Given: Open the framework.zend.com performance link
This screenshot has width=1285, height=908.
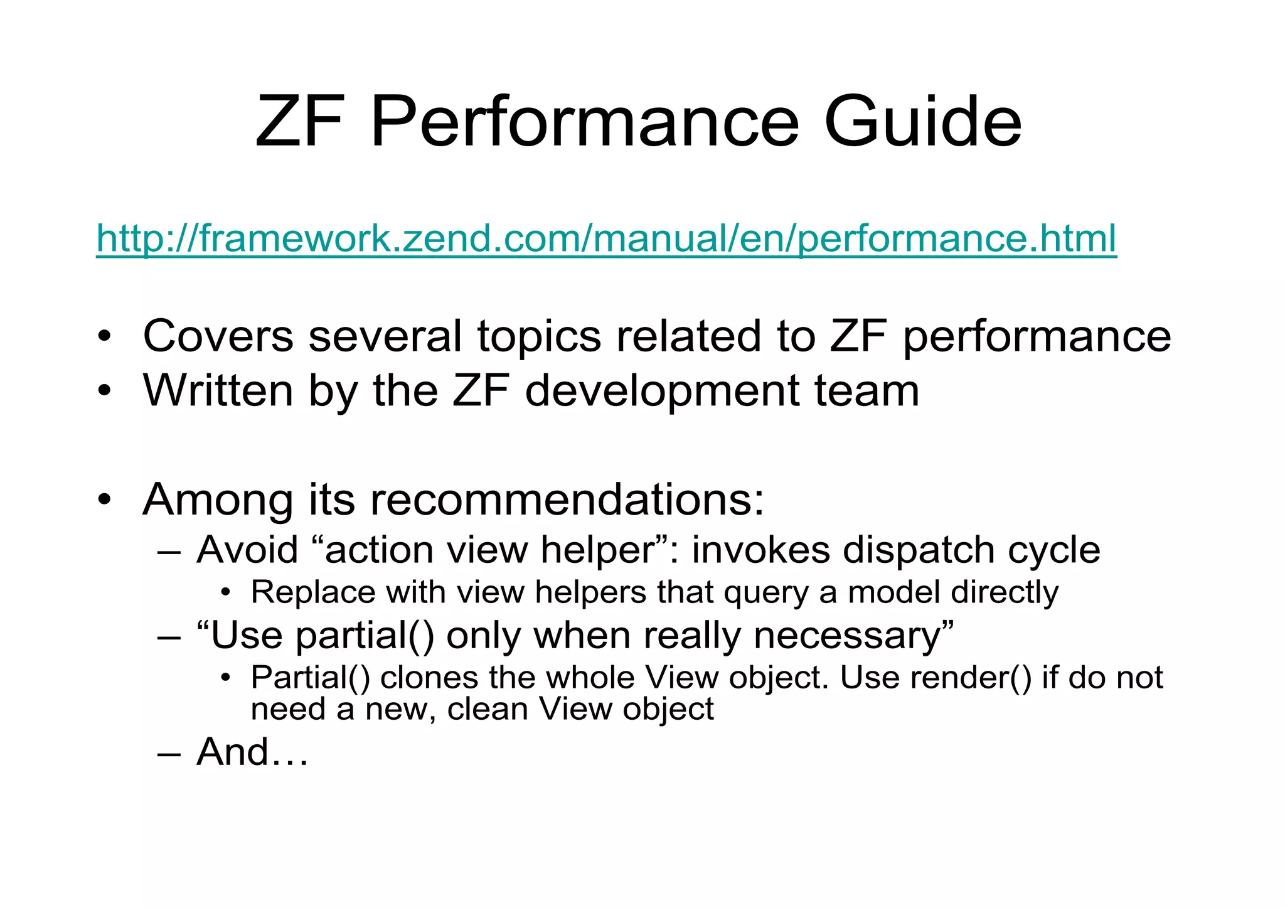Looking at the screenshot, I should coord(606,239).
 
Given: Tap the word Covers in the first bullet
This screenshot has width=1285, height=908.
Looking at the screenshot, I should coord(218,336).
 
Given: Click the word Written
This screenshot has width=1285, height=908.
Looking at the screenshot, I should coord(218,390).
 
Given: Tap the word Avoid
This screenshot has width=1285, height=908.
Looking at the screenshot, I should coord(247,550).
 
